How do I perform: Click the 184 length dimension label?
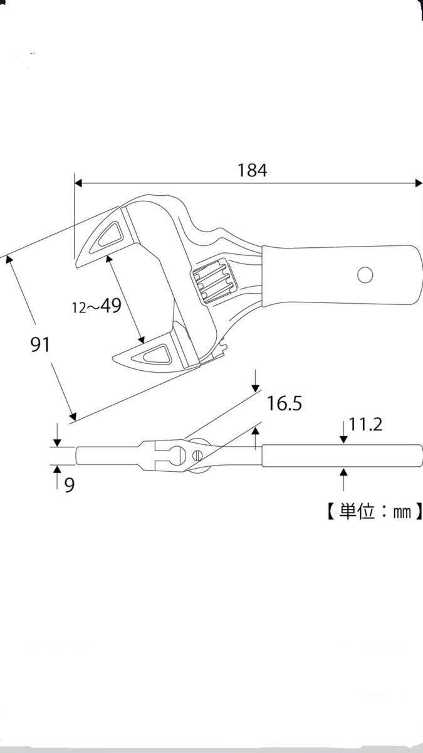pyautogui.click(x=252, y=170)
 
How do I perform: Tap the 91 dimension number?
pyautogui.click(x=40, y=344)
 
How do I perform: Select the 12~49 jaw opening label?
pyautogui.click(x=97, y=306)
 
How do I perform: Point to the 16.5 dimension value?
pyautogui.click(x=285, y=403)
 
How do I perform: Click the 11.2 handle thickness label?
pyautogui.click(x=365, y=425)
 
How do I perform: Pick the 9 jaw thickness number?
pyautogui.click(x=69, y=485)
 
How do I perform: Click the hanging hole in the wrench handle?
pyautogui.click(x=365, y=275)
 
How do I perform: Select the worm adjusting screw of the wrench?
pyautogui.click(x=214, y=280)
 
